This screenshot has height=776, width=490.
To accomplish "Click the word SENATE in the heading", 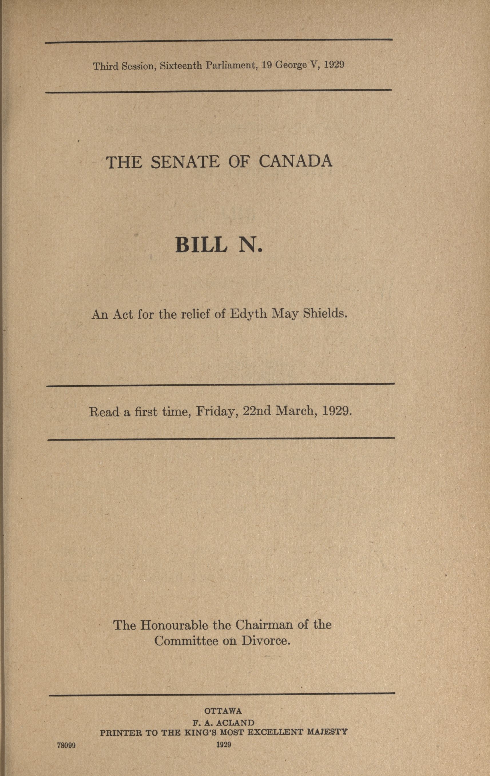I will coord(185,162).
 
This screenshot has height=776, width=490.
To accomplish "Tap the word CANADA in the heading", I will coord(295,161).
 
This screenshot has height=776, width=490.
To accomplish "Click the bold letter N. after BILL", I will coord(250,245).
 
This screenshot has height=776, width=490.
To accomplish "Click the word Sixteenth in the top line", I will coord(181,66).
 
